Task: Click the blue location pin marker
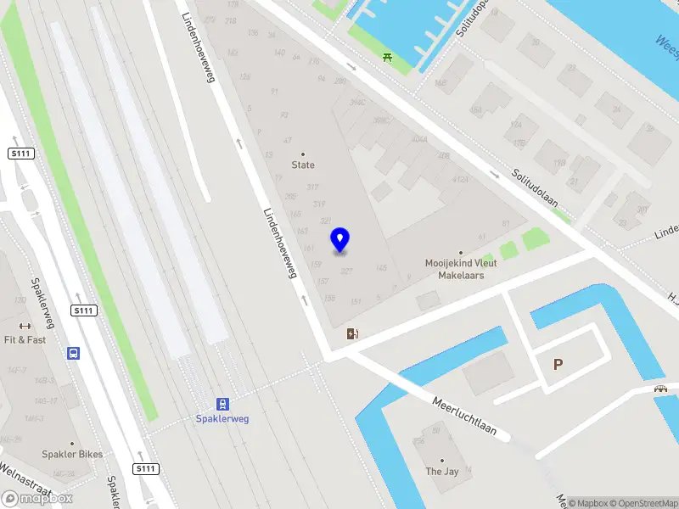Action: click(x=340, y=239)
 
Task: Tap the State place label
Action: click(x=303, y=165)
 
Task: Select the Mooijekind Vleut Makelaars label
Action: click(x=461, y=269)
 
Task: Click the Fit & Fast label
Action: click(x=25, y=339)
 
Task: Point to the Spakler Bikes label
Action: click(x=72, y=454)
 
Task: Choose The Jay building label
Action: click(x=441, y=472)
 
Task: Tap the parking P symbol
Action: click(x=558, y=365)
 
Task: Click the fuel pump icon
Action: click(x=352, y=334)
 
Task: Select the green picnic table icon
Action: click(x=387, y=57)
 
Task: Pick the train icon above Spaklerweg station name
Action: click(x=222, y=404)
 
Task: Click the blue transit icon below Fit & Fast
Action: click(x=75, y=354)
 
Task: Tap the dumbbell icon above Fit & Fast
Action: click(x=25, y=326)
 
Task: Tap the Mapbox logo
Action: click(x=36, y=498)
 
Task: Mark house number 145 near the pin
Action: click(x=381, y=268)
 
